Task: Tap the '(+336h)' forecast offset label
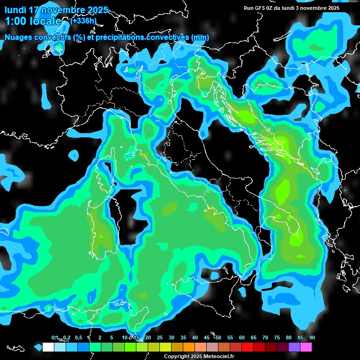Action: click(x=83, y=21)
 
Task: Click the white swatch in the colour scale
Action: click(x=48, y=347)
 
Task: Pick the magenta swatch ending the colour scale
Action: click(x=306, y=347)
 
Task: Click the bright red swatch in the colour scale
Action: click(x=247, y=347)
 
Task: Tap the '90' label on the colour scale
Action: click(x=312, y=337)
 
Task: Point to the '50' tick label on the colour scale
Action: click(x=218, y=337)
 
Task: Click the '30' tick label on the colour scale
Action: click(x=172, y=337)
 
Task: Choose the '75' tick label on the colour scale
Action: click(x=277, y=337)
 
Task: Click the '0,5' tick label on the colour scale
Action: click(x=78, y=337)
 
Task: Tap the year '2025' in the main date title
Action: click(x=97, y=10)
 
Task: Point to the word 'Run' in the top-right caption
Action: click(x=248, y=8)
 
